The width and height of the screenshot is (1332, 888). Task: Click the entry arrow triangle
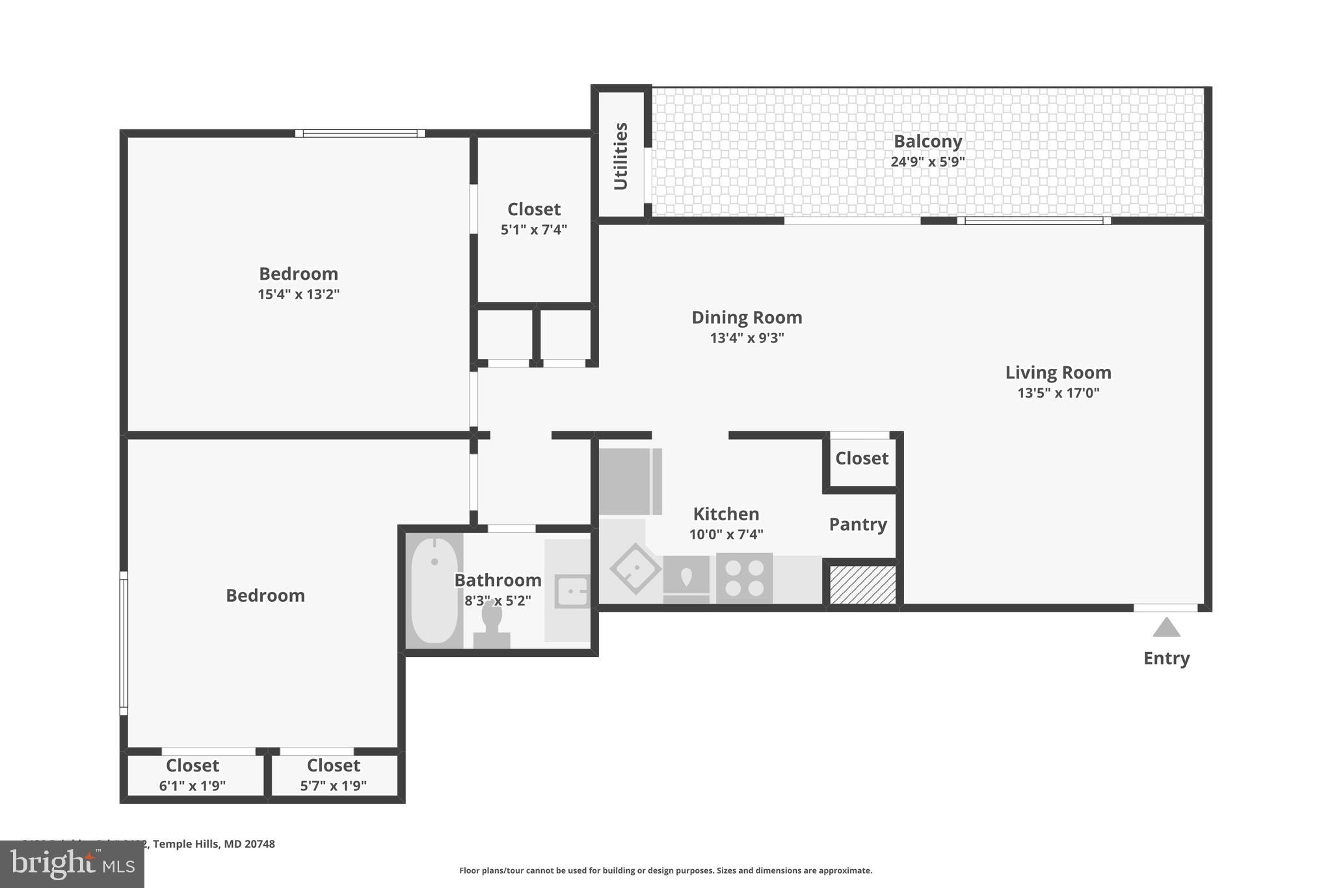[1166, 628]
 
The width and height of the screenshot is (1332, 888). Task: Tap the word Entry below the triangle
[1166, 658]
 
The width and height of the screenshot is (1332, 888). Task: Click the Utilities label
[621, 156]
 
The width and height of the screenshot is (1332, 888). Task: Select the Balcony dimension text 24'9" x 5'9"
[927, 162]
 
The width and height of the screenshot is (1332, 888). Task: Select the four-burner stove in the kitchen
[744, 578]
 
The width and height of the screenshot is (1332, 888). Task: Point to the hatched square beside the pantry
[862, 584]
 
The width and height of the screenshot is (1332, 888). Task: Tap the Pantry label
[858, 524]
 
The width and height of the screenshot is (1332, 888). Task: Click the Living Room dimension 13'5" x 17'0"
[1058, 393]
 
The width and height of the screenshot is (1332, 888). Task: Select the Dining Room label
[747, 317]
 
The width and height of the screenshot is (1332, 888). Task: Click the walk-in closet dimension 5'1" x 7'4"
[534, 230]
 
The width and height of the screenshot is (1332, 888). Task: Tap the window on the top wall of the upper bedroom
[360, 133]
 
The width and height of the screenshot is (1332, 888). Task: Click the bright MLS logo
[72, 864]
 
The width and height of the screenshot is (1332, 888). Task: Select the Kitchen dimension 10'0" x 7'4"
[726, 535]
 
